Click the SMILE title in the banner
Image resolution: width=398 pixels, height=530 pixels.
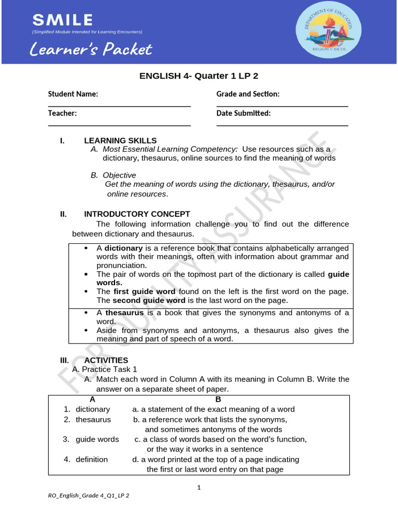63,21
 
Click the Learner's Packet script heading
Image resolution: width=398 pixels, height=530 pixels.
90,50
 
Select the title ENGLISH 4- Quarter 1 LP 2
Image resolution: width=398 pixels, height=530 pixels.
198,76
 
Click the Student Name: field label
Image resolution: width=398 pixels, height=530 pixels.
73,94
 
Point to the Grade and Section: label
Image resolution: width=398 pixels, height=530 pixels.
248,94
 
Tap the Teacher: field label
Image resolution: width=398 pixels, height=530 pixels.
63,113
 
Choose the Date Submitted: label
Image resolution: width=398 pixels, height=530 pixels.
244,113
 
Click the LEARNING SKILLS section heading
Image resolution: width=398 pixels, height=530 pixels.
120,141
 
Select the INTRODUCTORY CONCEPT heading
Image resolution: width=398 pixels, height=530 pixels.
137,214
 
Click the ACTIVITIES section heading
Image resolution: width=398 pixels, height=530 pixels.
106,360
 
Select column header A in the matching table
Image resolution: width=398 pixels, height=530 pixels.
92,400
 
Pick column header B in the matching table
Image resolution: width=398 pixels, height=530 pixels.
218,400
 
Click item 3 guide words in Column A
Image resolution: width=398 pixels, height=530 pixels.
97,439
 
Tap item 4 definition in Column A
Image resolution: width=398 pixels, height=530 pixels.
91,460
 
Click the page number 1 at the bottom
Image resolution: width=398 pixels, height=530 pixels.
198,488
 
